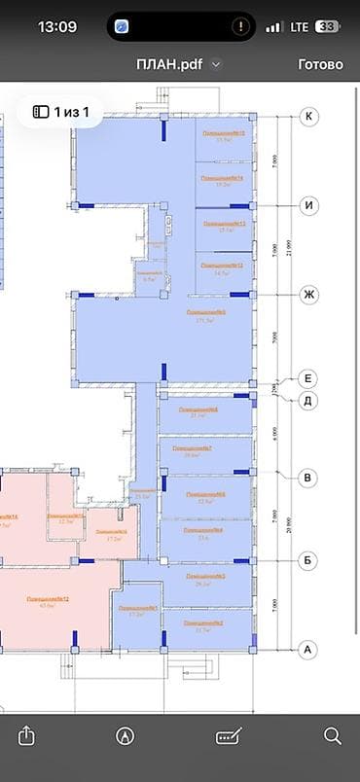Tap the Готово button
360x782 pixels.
pos(320,64)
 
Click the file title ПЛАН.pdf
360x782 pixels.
pos(173,64)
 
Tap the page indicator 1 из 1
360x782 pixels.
pos(62,112)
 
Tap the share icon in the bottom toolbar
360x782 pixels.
pos(26,735)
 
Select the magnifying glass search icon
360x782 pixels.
pos(333,735)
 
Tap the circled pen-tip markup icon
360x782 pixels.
pos(125,735)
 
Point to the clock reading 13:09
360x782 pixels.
pos(56,26)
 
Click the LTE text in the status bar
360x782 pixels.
pos(299,26)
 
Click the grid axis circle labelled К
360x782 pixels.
pos(309,117)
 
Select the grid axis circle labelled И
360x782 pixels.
pos(309,205)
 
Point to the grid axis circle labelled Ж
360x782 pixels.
pos(309,294)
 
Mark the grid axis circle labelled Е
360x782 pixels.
pos(309,378)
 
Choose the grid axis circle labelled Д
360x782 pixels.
pos(309,399)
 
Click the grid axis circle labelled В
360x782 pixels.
pos(309,477)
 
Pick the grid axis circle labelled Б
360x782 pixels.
pos(309,561)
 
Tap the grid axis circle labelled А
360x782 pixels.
pos(309,649)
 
